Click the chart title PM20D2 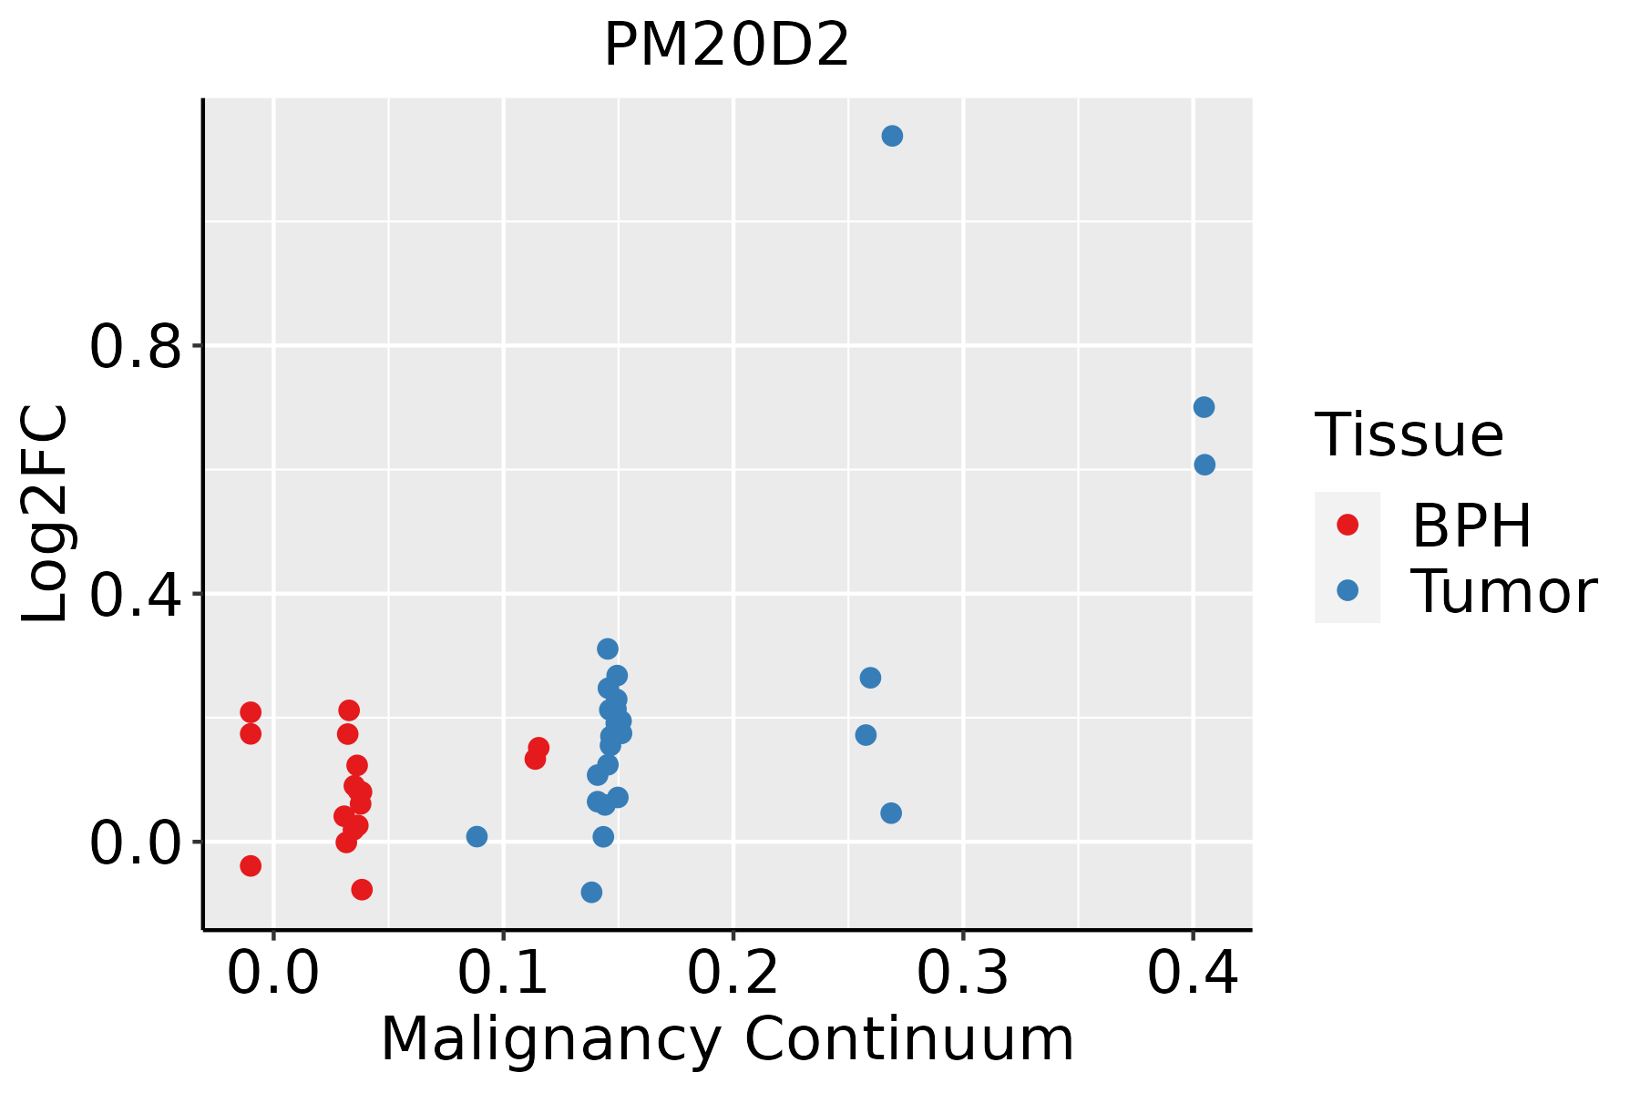[x=726, y=46]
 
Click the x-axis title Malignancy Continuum [x=726, y=1040]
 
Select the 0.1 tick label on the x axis [x=503, y=973]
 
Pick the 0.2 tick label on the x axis [x=733, y=973]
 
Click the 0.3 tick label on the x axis [x=962, y=973]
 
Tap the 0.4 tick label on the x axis [x=1192, y=973]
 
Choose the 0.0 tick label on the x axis [x=273, y=973]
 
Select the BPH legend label [x=1471, y=526]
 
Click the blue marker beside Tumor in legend [x=1347, y=590]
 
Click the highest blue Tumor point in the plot [x=892, y=136]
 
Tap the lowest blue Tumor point [x=591, y=892]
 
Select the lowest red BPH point [x=362, y=889]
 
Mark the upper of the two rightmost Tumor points [x=1204, y=407]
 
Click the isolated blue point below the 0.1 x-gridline [x=477, y=836]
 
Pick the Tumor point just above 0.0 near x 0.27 [x=891, y=812]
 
